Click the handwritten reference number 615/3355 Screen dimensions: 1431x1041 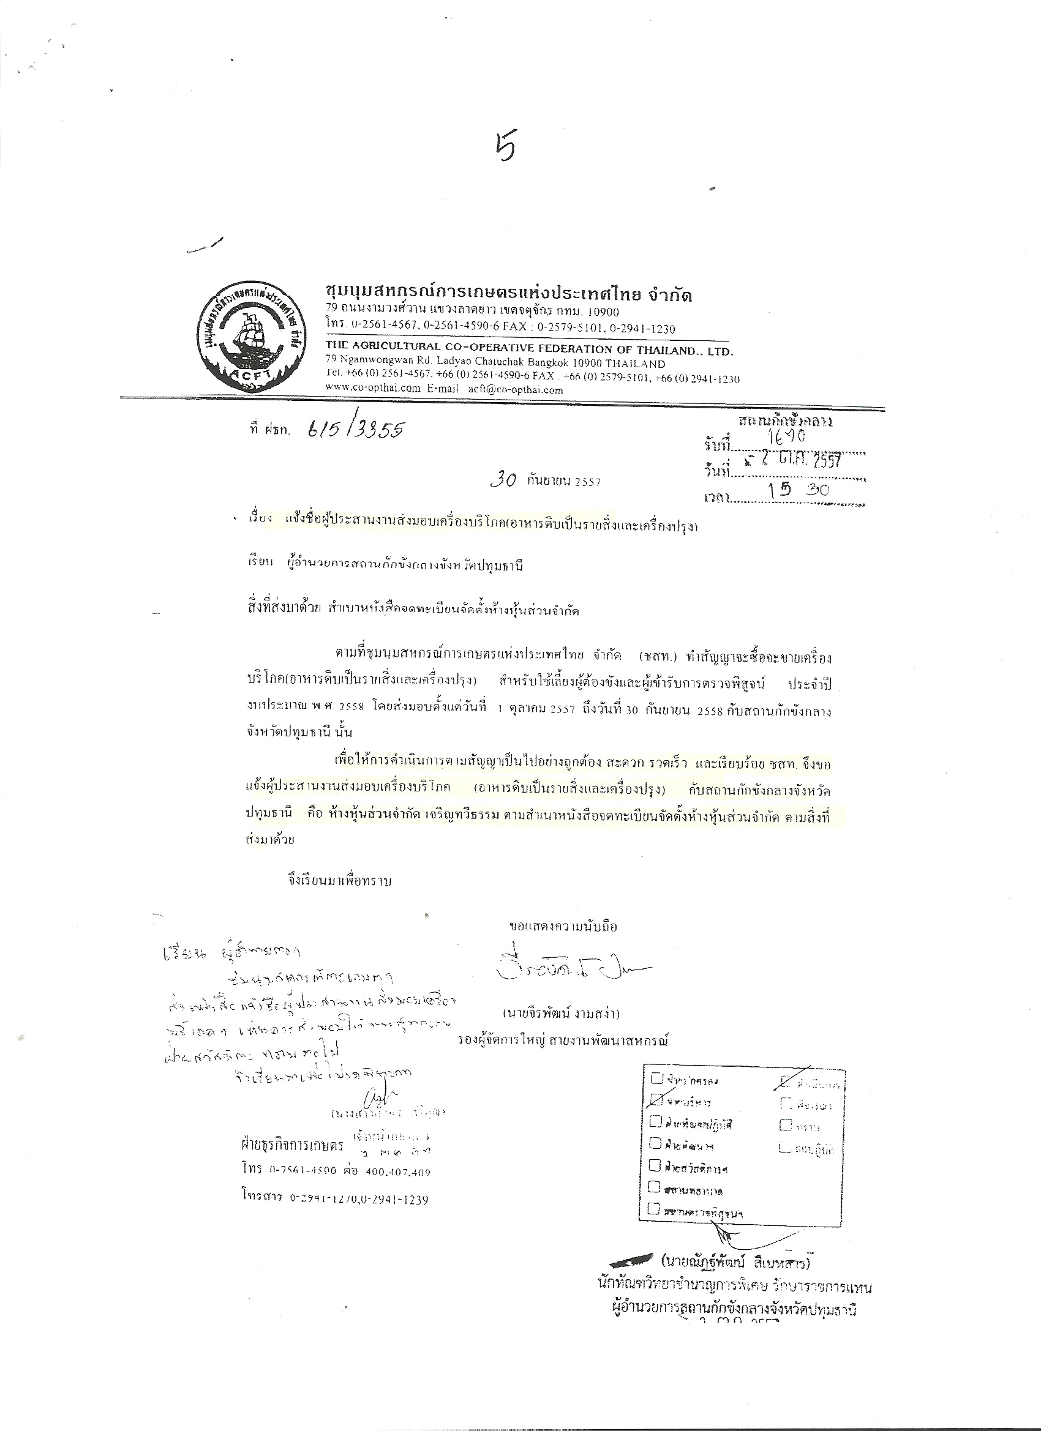coord(356,430)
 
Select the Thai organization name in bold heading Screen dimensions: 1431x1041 coord(508,294)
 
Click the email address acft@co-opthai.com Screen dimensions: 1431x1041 coord(515,390)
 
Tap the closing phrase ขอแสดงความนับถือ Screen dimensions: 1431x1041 coord(563,927)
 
